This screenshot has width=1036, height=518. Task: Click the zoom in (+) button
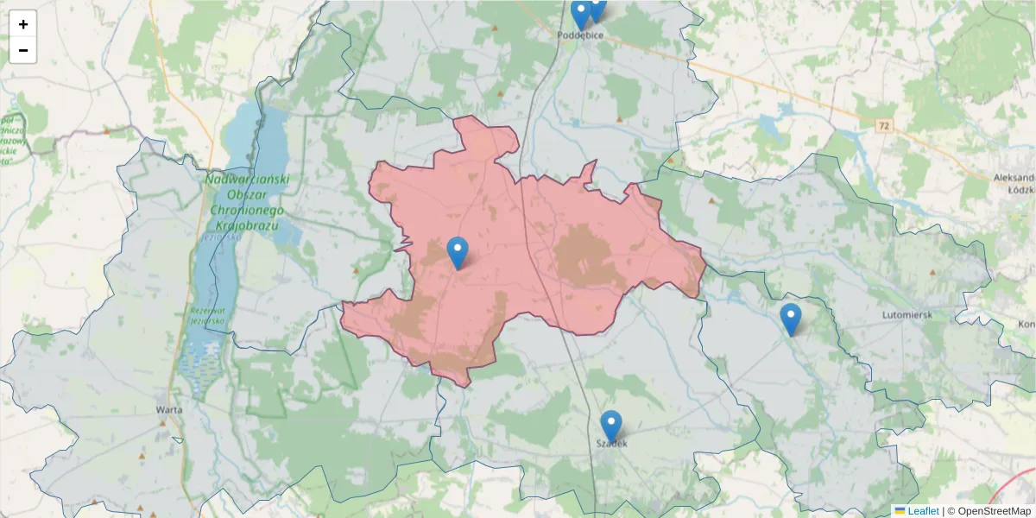pyautogui.click(x=23, y=24)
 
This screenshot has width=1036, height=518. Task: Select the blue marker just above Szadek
pyautogui.click(x=611, y=426)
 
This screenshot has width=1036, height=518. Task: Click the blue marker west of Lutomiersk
pyautogui.click(x=790, y=319)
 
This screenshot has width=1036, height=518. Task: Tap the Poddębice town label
pyautogui.click(x=581, y=35)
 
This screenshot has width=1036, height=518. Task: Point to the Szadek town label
pyautogui.click(x=611, y=444)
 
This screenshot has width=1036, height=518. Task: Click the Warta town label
pyautogui.click(x=168, y=409)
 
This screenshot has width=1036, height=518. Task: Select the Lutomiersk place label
pyautogui.click(x=906, y=315)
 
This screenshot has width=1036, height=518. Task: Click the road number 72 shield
pyautogui.click(x=882, y=126)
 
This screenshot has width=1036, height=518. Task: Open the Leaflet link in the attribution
pyautogui.click(x=923, y=511)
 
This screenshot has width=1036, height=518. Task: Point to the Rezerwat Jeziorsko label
pyautogui.click(x=201, y=315)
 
